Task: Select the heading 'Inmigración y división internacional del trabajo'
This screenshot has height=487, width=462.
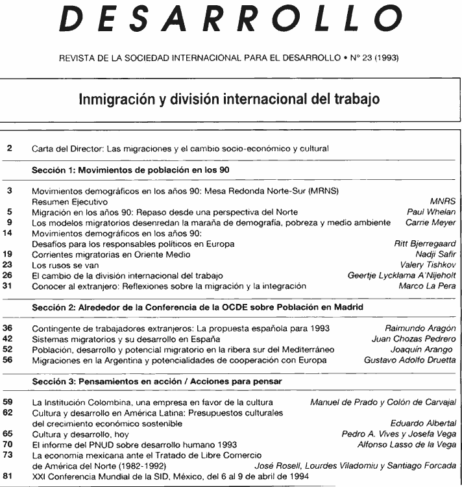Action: pos(230,102)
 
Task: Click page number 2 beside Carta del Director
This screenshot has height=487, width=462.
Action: pos(9,149)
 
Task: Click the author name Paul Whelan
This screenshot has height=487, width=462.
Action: pos(436,212)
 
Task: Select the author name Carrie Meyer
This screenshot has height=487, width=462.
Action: pos(434,222)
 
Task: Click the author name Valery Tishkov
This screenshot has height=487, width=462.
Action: pos(433,264)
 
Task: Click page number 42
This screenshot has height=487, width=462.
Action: pos(10,338)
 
